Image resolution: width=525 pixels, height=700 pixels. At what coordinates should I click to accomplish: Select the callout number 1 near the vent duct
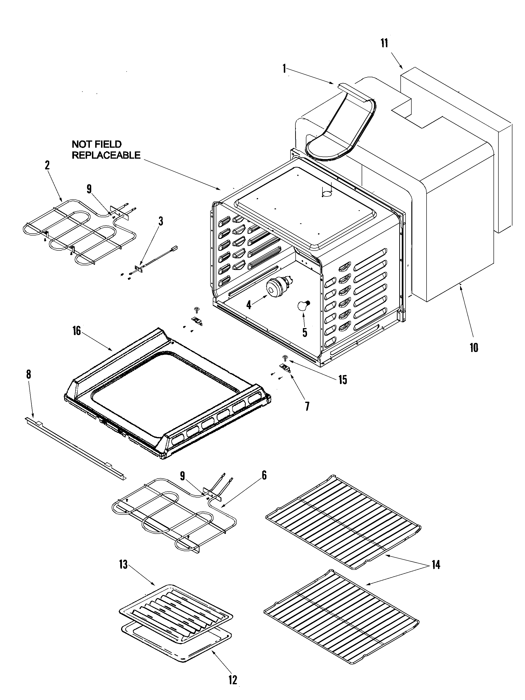coord(284,68)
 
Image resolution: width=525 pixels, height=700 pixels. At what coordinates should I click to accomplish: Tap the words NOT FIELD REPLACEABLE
coord(106,150)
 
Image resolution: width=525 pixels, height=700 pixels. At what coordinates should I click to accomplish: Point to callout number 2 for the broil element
coord(47,165)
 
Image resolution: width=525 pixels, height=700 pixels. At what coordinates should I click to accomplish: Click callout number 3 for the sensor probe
coord(161,221)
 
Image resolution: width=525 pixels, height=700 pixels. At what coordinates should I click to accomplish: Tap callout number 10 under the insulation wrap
coord(473,347)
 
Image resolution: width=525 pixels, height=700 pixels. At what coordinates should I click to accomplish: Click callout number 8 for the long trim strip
coord(28,374)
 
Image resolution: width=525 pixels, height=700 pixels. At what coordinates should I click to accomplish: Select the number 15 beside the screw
coord(343,379)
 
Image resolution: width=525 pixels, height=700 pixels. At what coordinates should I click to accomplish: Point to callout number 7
coord(307,406)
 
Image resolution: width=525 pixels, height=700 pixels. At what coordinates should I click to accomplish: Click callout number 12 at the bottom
coord(233,679)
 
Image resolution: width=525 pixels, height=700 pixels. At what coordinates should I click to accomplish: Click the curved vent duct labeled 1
coord(342,126)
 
